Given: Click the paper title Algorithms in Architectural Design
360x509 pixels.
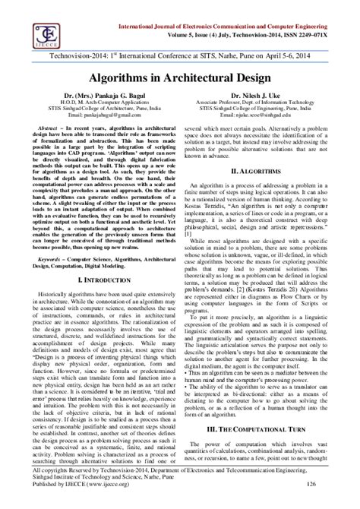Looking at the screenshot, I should (x=180, y=78).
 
